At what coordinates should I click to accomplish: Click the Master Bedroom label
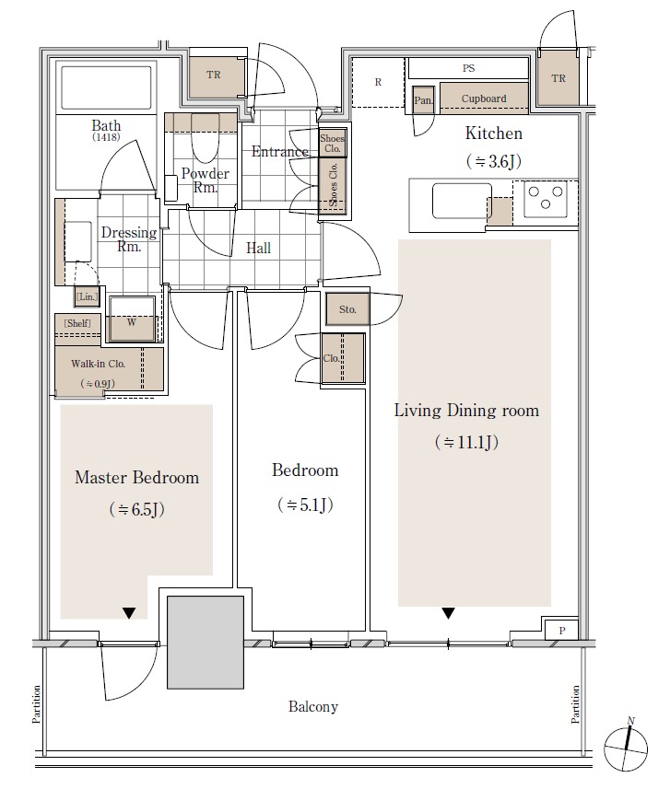pos(137,477)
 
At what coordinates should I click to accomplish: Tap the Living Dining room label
pos(466,411)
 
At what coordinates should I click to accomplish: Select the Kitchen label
pos(494,133)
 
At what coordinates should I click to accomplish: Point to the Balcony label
pos(312,706)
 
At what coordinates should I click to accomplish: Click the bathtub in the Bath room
pos(106,87)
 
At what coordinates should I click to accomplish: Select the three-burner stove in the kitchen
pos(545,198)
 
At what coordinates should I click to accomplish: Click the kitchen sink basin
pos(462,201)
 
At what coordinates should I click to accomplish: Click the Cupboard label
pos(484,99)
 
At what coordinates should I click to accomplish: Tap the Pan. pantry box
pos(423,99)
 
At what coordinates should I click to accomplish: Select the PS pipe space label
pos(468,68)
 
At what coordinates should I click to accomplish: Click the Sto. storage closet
pos(347,308)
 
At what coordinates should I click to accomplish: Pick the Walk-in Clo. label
pos(99,364)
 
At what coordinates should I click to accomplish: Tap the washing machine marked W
pos(132,320)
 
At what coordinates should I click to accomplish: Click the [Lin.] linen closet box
pos(88,296)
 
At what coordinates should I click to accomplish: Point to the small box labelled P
pos(561,629)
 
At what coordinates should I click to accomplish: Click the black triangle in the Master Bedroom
pos(129,613)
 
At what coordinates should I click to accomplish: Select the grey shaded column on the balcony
pos(206,643)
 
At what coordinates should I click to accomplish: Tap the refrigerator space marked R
pos(378,82)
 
